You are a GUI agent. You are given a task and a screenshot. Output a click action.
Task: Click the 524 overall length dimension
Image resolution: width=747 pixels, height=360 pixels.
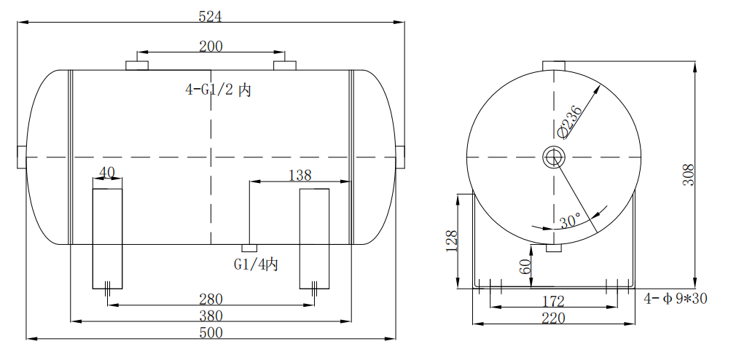pyautogui.click(x=211, y=15)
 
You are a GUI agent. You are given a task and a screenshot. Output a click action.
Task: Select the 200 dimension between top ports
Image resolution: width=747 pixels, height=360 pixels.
pyautogui.click(x=211, y=46)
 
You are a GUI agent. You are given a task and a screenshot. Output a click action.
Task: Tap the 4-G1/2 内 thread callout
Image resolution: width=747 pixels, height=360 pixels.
pyautogui.click(x=219, y=90)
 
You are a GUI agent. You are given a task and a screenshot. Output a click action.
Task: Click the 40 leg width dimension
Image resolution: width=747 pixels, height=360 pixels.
pyautogui.click(x=107, y=173)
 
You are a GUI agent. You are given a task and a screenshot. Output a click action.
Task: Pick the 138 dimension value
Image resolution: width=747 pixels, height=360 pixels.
pyautogui.click(x=300, y=175)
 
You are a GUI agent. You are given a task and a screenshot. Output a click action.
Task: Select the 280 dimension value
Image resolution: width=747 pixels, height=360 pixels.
pyautogui.click(x=211, y=299)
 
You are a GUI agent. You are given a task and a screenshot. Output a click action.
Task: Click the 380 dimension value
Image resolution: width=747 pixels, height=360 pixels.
pyautogui.click(x=211, y=316)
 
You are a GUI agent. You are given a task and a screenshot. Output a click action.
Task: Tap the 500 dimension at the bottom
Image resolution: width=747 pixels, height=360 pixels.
pyautogui.click(x=211, y=333)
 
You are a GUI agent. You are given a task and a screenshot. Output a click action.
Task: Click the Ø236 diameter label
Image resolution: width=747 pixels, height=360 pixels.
pyautogui.click(x=570, y=121)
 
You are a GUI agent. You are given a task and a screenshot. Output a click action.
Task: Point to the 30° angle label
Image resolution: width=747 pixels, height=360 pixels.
pyautogui.click(x=570, y=219)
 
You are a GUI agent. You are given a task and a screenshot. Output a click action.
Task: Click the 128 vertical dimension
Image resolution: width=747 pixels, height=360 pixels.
pyautogui.click(x=452, y=240)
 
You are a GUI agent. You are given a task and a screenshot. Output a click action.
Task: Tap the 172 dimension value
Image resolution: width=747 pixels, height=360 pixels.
pyautogui.click(x=554, y=300)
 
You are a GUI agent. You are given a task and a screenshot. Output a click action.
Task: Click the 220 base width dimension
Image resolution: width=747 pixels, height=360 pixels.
pyautogui.click(x=554, y=318)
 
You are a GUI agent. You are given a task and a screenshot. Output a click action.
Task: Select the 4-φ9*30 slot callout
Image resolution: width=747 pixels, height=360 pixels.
pyautogui.click(x=676, y=298)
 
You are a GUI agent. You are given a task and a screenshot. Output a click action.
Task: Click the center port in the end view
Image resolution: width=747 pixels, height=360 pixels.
pyautogui.click(x=553, y=157)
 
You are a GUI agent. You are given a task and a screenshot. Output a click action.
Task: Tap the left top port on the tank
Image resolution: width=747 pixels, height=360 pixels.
pyautogui.click(x=136, y=66)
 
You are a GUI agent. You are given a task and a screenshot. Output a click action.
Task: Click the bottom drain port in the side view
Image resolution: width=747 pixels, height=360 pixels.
pyautogui.click(x=249, y=248)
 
